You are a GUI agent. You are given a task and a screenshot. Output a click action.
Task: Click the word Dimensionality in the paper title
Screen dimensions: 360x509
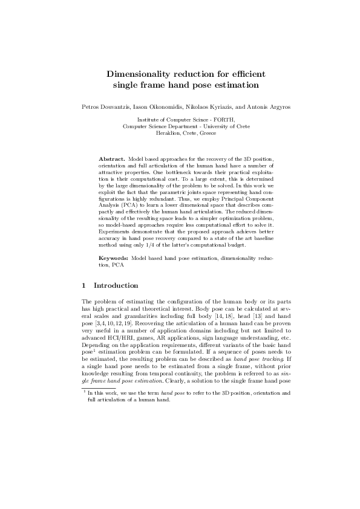(x=146, y=74)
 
